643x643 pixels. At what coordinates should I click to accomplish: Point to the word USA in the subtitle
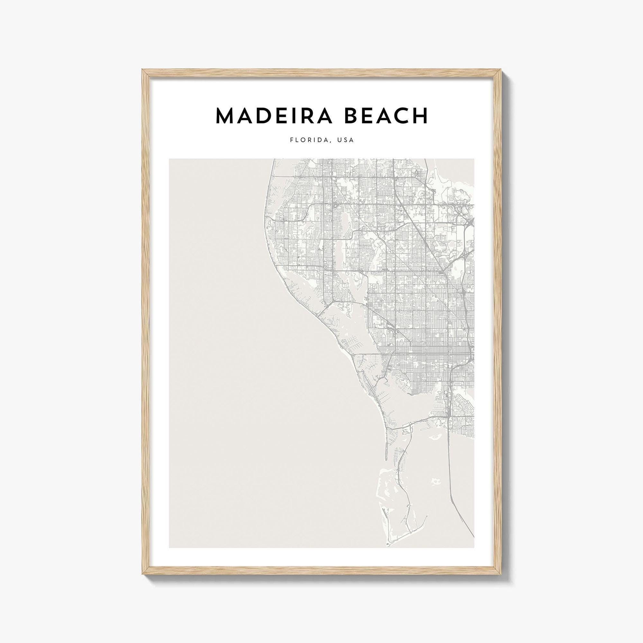click(346, 140)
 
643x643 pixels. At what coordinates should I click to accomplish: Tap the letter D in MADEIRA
click(269, 116)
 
